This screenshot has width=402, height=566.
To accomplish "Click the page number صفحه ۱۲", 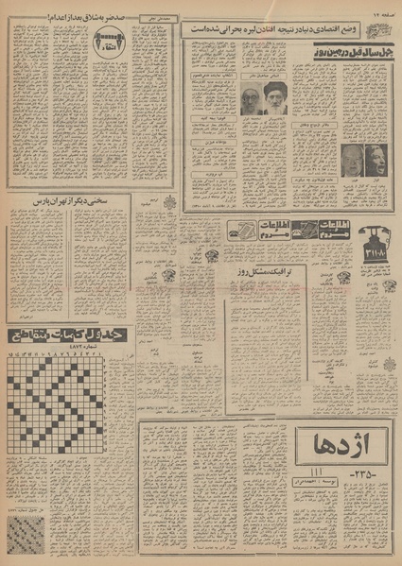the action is point(382,9).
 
